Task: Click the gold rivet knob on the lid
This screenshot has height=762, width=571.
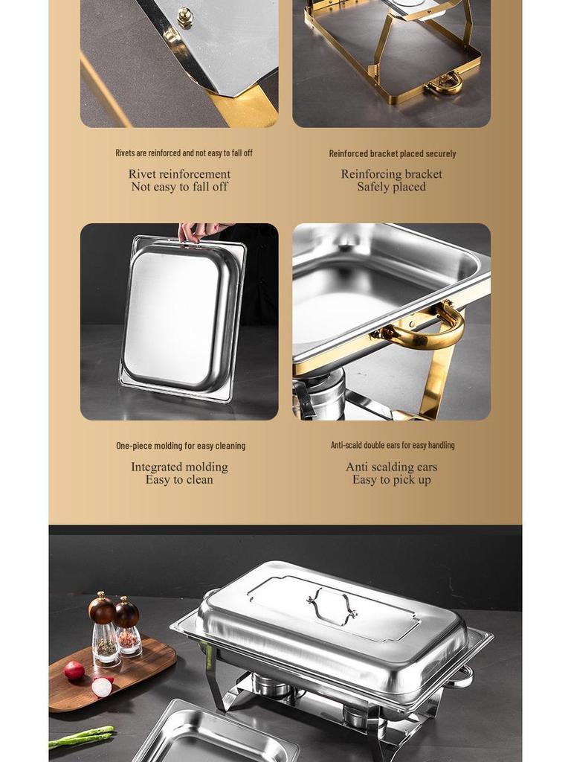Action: pyautogui.click(x=184, y=16)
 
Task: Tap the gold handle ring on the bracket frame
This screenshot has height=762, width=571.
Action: pyautogui.click(x=446, y=83)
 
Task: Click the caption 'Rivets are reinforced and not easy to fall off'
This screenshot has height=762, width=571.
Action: pyautogui.click(x=184, y=153)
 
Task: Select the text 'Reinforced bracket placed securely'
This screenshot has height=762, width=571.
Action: pyautogui.click(x=392, y=153)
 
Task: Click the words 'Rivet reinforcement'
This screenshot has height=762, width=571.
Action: pyautogui.click(x=179, y=174)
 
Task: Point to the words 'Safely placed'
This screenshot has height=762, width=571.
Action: pyautogui.click(x=391, y=187)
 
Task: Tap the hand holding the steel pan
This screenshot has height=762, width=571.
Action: pyautogui.click(x=199, y=231)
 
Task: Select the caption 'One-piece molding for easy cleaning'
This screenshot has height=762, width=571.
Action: pyautogui.click(x=180, y=446)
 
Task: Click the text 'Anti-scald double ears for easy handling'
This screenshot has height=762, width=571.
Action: pyautogui.click(x=392, y=445)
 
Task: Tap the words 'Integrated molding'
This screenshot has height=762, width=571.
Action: pyautogui.click(x=179, y=467)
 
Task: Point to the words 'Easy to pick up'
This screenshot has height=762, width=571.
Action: pyautogui.click(x=391, y=480)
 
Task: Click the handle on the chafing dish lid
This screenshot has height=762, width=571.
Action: pyautogui.click(x=332, y=604)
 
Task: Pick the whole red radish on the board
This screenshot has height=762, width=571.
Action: pyautogui.click(x=74, y=670)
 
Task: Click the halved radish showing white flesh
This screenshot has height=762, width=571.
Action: pyautogui.click(x=102, y=686)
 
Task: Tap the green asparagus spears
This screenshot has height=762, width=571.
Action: pyautogui.click(x=82, y=736)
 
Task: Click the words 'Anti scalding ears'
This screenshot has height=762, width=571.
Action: pyautogui.click(x=391, y=467)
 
